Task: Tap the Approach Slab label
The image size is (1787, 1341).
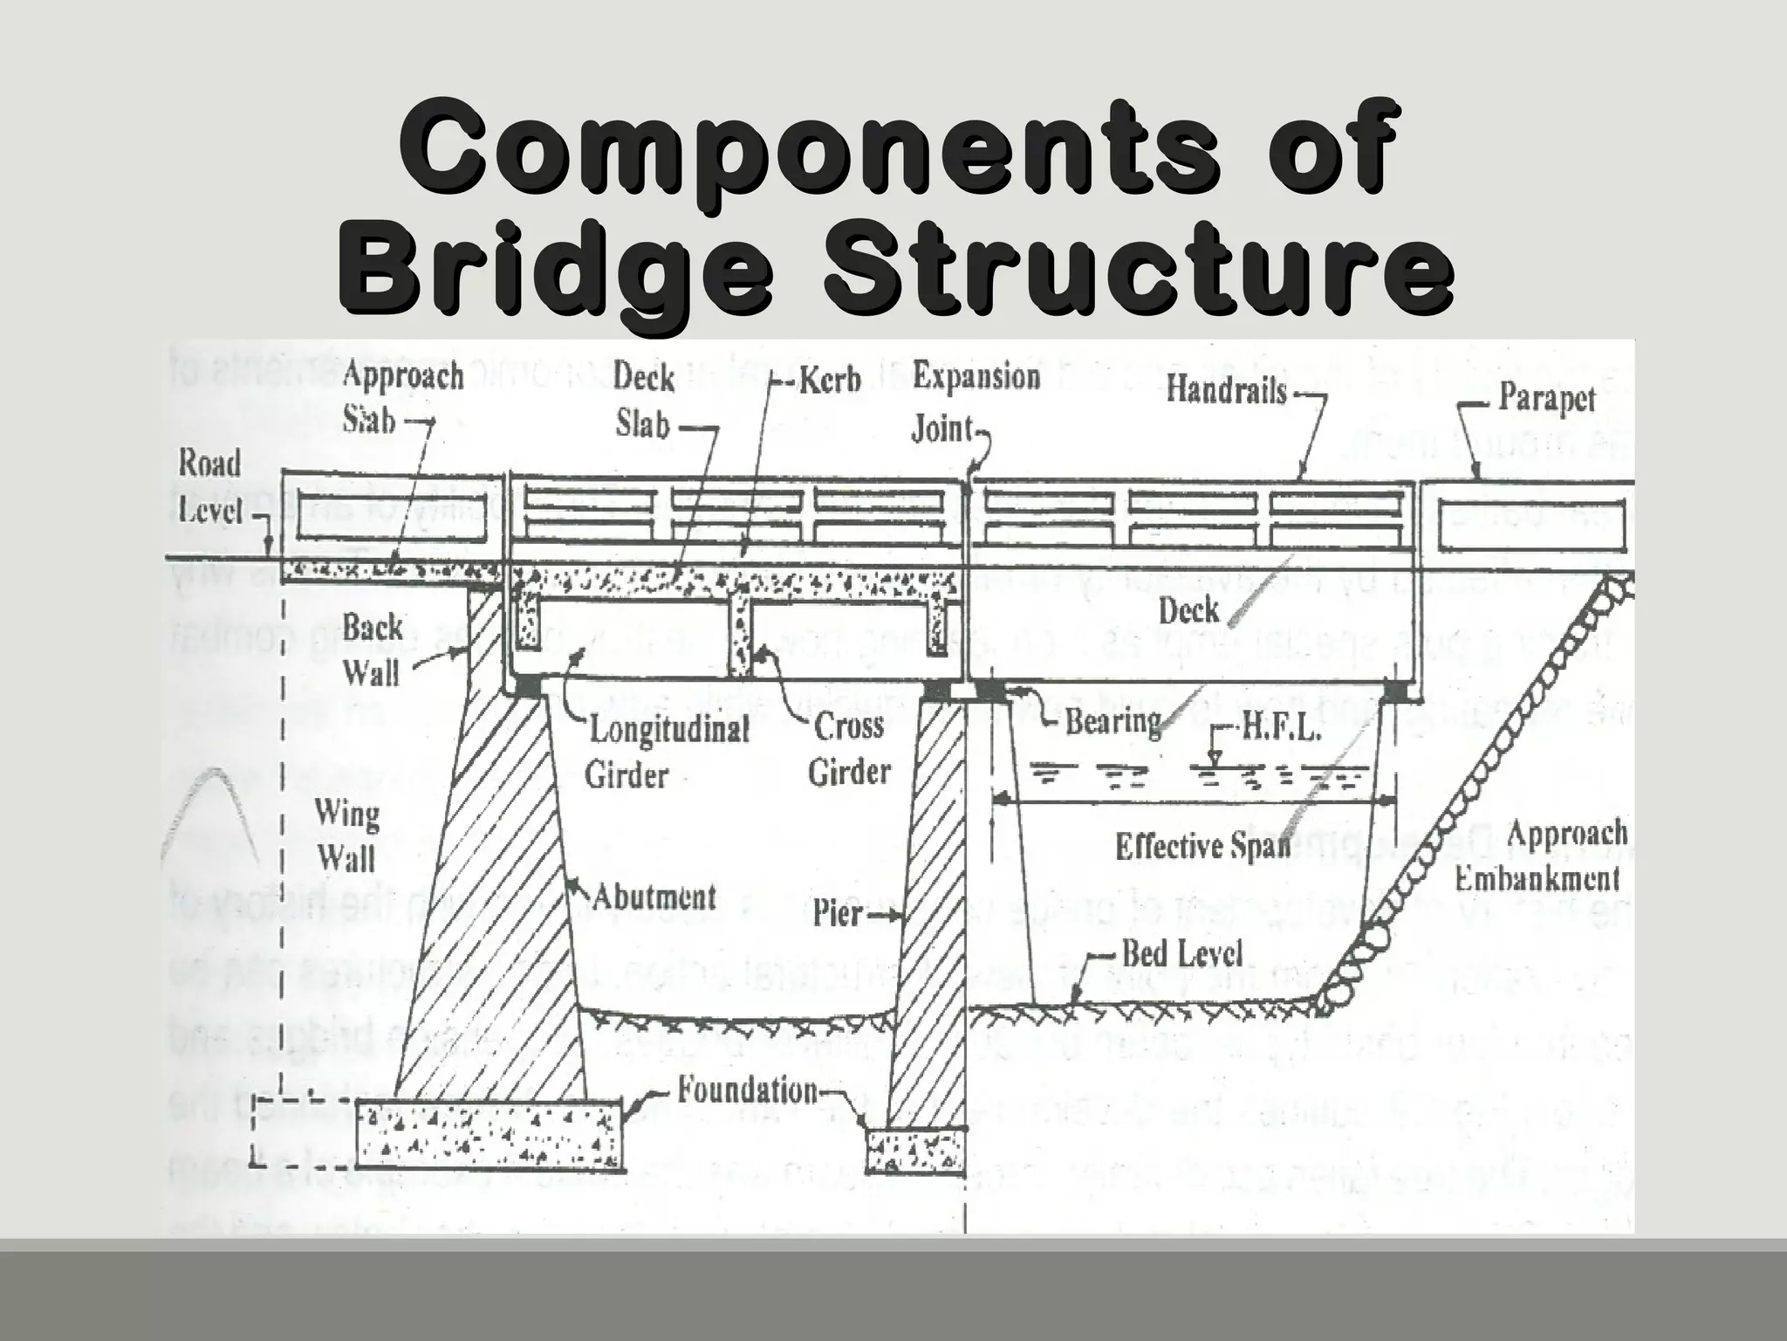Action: (401, 398)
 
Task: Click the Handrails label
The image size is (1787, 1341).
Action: (1227, 389)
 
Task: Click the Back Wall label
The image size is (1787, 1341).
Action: (372, 650)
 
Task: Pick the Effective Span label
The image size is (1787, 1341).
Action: (1202, 846)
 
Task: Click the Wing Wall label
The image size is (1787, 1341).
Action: (346, 836)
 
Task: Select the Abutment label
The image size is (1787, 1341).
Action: (654, 897)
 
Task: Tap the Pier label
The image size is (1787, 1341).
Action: (838, 914)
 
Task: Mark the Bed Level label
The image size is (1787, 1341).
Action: (1181, 953)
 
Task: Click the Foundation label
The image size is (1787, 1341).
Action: (748, 1090)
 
